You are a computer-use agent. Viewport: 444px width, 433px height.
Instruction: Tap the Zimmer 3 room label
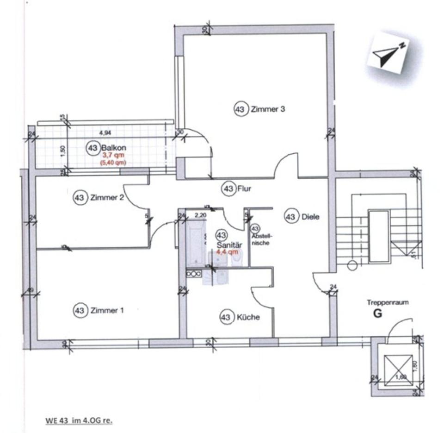(x=267, y=110)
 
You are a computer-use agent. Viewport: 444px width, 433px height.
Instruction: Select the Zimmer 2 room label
(x=107, y=198)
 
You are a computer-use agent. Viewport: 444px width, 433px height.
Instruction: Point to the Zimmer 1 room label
(x=107, y=310)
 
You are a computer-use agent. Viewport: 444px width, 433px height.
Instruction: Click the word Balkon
(x=114, y=148)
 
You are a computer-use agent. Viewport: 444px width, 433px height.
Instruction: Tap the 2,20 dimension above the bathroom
(x=200, y=215)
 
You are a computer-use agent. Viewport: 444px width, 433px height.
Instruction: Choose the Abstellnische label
(x=261, y=239)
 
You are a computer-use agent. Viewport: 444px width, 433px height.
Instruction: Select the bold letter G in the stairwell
(x=378, y=314)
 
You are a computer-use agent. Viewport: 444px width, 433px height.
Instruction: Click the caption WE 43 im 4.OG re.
(x=79, y=421)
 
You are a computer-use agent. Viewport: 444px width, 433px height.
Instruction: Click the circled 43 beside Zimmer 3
(x=240, y=110)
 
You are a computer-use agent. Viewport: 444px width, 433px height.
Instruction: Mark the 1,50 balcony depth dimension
(x=63, y=150)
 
